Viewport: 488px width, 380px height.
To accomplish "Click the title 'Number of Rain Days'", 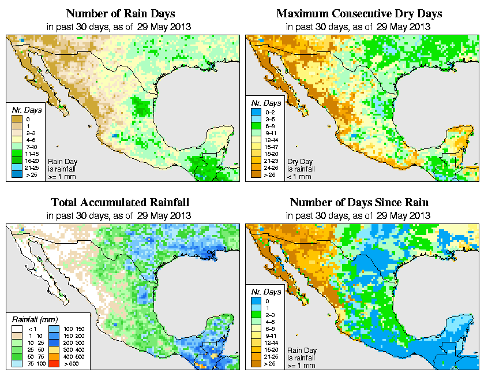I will (121, 13).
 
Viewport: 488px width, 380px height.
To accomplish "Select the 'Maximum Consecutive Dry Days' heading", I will (359, 13).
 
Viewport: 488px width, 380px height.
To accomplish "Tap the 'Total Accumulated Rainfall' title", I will (120, 202).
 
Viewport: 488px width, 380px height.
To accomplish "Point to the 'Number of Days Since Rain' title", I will (359, 202).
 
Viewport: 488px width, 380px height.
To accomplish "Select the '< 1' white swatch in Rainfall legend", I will (17, 329).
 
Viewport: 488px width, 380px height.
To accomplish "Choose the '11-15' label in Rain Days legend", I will (29, 155).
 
